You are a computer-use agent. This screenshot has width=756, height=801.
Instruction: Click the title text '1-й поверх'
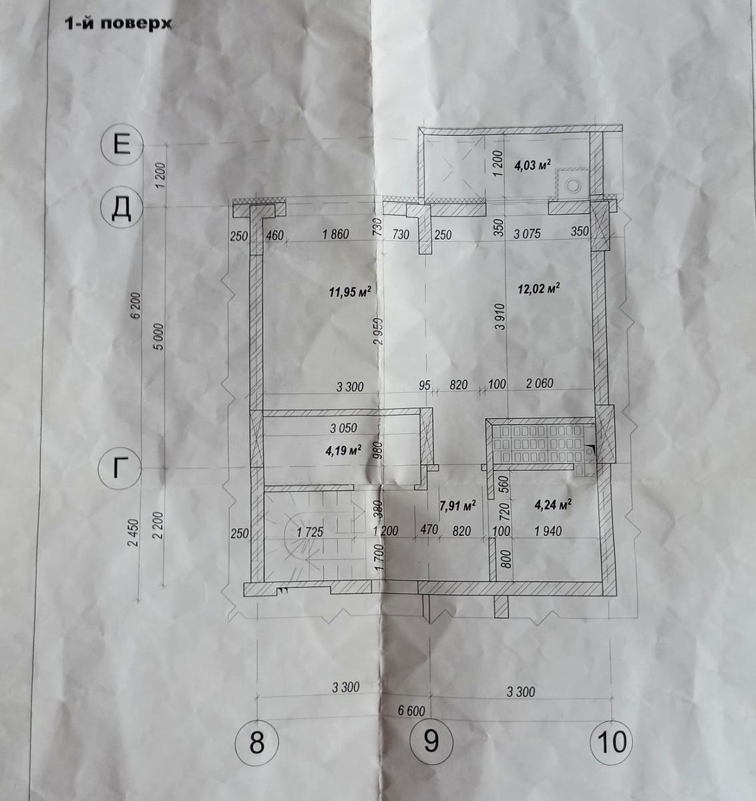(118, 23)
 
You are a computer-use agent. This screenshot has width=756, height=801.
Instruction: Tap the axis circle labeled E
(122, 144)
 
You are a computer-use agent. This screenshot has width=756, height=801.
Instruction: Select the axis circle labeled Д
(122, 208)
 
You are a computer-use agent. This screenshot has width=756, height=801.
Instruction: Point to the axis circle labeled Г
(120, 468)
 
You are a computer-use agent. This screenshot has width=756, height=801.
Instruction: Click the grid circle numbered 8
(256, 742)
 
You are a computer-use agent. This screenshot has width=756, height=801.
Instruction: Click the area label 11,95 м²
(350, 291)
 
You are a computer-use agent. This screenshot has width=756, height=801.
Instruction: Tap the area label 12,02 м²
(538, 288)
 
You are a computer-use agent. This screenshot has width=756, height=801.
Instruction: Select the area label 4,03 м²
(533, 165)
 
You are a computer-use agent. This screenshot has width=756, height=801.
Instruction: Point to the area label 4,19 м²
(343, 450)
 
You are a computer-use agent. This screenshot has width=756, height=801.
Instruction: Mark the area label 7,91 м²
(457, 505)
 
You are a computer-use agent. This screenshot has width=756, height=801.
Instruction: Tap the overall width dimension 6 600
(411, 710)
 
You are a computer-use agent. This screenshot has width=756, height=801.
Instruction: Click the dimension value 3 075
(527, 234)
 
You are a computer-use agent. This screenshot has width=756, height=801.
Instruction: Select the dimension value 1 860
(335, 234)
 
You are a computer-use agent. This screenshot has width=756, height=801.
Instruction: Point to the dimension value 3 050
(343, 427)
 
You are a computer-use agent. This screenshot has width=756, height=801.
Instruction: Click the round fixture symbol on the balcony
(572, 186)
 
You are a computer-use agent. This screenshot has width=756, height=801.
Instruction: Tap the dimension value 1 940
(548, 531)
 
